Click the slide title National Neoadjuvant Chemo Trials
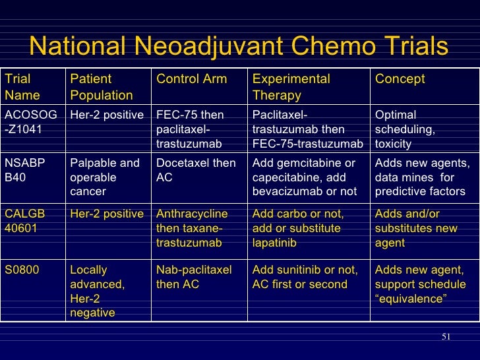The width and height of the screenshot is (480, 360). (239, 47)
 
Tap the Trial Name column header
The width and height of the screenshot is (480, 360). (22, 87)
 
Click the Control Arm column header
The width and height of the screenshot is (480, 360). (191, 80)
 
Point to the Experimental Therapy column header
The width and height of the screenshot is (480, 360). (291, 87)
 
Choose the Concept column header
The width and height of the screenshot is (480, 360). (400, 80)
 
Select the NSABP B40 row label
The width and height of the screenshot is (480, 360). (24, 170)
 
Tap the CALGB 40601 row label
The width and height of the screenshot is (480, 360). (26, 221)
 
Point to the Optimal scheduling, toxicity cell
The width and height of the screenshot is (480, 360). (405, 129)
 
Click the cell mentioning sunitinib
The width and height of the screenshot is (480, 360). (305, 277)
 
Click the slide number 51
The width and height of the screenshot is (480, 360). (446, 338)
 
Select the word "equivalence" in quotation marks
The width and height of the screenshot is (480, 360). (411, 299)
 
